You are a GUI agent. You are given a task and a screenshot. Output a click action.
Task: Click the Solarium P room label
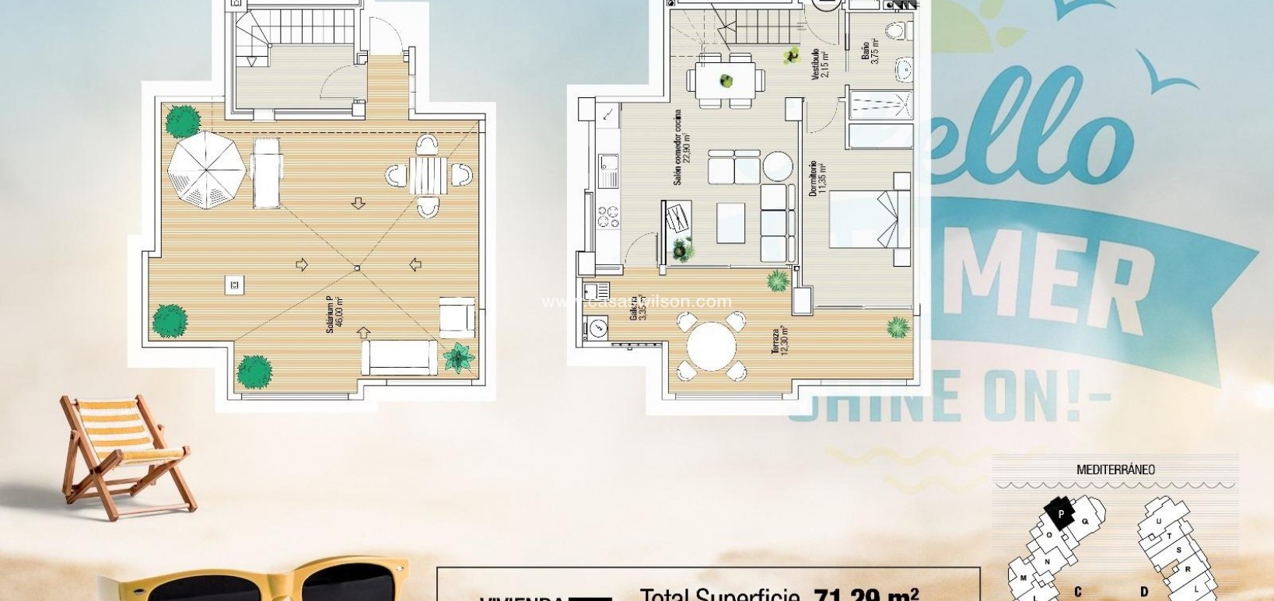click(x=334, y=316)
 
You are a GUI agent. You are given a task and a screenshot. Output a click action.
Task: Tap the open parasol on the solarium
click(x=207, y=170)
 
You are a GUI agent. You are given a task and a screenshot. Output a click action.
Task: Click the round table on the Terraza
click(x=711, y=346)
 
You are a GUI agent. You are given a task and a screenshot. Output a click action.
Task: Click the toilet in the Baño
click(x=898, y=31)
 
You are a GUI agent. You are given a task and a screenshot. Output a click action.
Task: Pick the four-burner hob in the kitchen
click(x=607, y=215)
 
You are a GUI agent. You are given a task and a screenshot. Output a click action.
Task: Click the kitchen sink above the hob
click(x=608, y=169)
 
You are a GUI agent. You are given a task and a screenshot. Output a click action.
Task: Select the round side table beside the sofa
click(x=777, y=166)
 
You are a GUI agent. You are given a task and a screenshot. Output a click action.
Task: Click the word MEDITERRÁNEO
click(x=1115, y=470)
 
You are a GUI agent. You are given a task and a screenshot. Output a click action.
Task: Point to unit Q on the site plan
click(x=1084, y=522)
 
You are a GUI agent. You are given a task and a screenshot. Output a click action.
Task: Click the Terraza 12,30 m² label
click(x=779, y=341)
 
